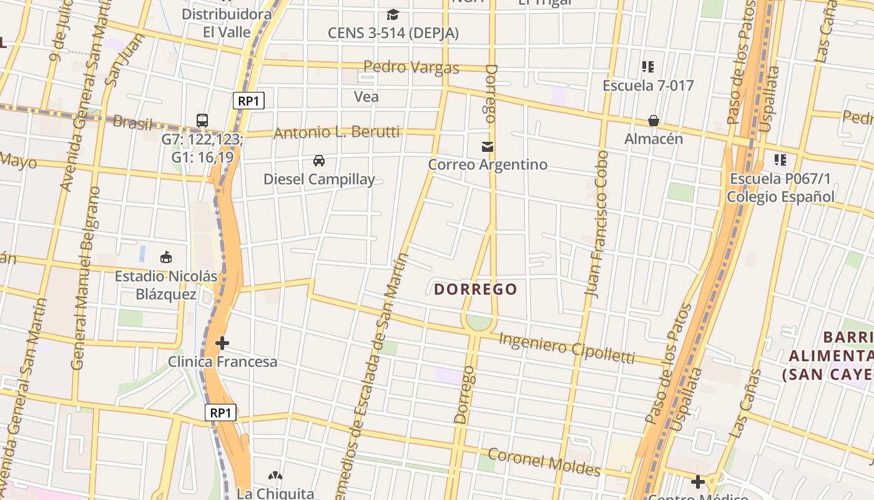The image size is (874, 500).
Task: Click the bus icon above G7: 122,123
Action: (x=202, y=120)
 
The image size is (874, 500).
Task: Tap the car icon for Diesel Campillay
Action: (x=319, y=161)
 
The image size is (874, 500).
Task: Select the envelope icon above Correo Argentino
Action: (x=488, y=147)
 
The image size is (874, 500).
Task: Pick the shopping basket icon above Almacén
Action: (x=653, y=121)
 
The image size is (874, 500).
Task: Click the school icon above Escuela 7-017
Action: (x=647, y=66)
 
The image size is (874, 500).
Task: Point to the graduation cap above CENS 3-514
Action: (x=393, y=14)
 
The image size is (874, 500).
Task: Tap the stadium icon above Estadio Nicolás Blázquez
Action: (x=166, y=257)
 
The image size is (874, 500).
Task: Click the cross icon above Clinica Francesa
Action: (x=222, y=343)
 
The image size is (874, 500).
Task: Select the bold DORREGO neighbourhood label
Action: (x=476, y=289)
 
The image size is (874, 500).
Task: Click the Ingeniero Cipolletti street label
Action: (x=567, y=347)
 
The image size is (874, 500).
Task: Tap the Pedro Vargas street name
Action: (x=411, y=67)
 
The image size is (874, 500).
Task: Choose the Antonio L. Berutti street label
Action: (x=336, y=132)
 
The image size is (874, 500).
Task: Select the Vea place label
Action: (x=366, y=97)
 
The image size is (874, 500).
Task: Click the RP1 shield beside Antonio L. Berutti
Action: (x=248, y=101)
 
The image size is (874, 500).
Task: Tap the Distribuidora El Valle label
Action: (x=227, y=23)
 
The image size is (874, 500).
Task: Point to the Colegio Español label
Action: (x=780, y=197)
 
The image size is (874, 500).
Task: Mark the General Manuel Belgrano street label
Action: (x=86, y=277)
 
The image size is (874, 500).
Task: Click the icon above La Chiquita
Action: (x=275, y=476)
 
